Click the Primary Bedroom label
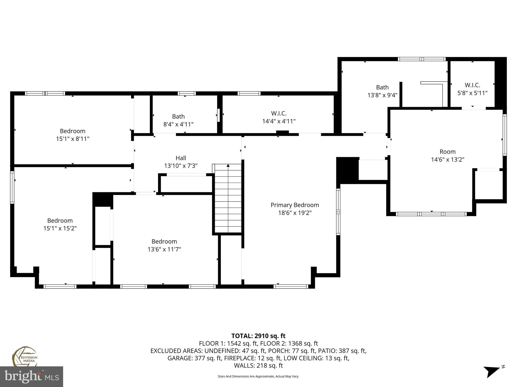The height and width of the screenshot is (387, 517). [295, 205]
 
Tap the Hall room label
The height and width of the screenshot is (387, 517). [181, 158]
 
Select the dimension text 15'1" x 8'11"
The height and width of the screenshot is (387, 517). [73, 139]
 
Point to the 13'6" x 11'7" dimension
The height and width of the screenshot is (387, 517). [164, 249]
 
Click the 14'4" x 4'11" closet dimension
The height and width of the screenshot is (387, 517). [279, 121]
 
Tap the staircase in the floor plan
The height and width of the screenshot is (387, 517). [228, 198]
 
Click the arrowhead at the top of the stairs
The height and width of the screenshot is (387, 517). [228, 166]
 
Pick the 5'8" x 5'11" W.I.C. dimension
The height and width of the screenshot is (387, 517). [472, 93]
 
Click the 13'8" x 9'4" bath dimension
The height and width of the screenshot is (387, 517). [382, 95]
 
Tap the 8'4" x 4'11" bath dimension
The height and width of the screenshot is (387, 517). [178, 124]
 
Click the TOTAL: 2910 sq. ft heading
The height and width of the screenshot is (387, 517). [258, 336]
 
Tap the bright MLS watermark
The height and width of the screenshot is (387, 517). [32, 376]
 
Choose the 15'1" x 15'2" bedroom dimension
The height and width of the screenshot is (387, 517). [60, 229]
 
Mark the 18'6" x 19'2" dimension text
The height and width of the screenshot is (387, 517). [295, 213]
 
